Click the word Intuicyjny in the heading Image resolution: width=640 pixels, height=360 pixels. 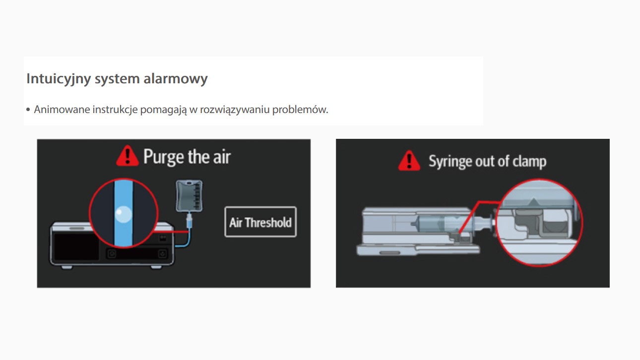click(x=59, y=78)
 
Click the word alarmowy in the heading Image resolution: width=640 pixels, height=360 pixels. click(x=176, y=78)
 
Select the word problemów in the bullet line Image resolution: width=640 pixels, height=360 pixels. click(x=300, y=110)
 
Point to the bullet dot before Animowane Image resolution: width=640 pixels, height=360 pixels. click(x=28, y=110)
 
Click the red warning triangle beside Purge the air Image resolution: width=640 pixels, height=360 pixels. click(x=128, y=156)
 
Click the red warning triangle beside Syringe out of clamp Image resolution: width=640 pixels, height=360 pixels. click(x=409, y=161)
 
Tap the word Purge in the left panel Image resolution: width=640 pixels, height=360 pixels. click(x=164, y=157)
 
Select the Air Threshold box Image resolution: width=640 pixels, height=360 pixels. click(x=260, y=222)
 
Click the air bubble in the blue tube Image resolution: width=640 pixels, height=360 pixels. click(x=124, y=214)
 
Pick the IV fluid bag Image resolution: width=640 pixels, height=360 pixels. click(x=189, y=196)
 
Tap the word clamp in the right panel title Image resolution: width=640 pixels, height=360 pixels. click(x=529, y=161)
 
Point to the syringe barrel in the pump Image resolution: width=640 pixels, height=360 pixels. click(x=440, y=224)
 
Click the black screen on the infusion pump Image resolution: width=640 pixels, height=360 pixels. click(x=76, y=246)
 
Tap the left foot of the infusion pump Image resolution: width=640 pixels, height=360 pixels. click(x=67, y=267)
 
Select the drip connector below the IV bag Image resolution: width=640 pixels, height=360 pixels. click(x=189, y=220)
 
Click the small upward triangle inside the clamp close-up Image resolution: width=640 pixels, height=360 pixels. click(x=533, y=202)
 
